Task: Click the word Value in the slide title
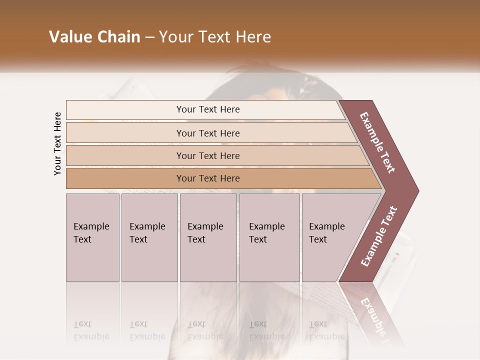point(69,37)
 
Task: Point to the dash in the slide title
point(149,37)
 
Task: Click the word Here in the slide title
point(252,37)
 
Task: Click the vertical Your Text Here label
point(57,143)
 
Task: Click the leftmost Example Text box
point(92,237)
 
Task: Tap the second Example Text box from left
point(149,237)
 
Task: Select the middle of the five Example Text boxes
point(208,237)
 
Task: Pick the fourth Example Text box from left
point(269,237)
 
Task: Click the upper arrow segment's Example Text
point(377,143)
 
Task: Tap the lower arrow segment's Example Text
point(378,236)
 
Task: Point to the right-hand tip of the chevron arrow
point(417,190)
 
